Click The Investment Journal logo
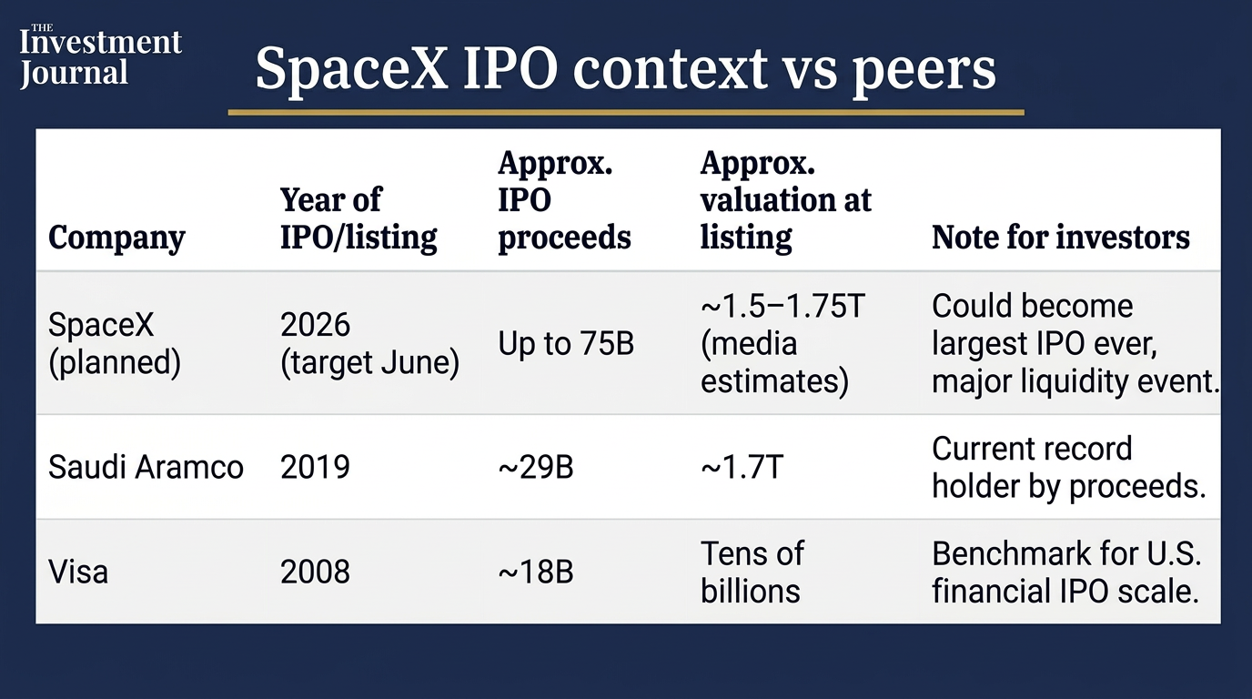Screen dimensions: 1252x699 click(x=101, y=56)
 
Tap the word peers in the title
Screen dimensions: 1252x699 click(x=924, y=73)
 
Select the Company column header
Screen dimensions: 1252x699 click(x=116, y=238)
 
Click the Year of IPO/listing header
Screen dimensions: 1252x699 click(x=358, y=219)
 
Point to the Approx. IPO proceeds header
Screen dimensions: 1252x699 click(x=564, y=201)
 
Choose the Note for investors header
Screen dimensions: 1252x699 click(x=1061, y=238)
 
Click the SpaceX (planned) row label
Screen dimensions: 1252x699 click(x=115, y=343)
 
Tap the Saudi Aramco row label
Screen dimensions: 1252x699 click(x=146, y=468)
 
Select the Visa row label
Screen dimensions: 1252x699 click(x=78, y=572)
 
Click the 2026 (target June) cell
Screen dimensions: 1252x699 click(x=369, y=343)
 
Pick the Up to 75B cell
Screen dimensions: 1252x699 click(x=566, y=343)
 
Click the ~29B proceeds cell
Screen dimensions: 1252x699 click(x=536, y=468)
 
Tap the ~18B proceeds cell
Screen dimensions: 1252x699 click(x=536, y=572)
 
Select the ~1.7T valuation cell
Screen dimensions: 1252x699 click(x=742, y=468)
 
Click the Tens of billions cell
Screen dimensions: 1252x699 click(x=752, y=572)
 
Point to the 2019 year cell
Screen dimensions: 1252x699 click(x=315, y=468)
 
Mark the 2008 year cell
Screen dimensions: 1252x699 click(x=315, y=572)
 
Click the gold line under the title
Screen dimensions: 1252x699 click(x=626, y=112)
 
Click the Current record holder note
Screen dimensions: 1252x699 click(x=1069, y=468)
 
